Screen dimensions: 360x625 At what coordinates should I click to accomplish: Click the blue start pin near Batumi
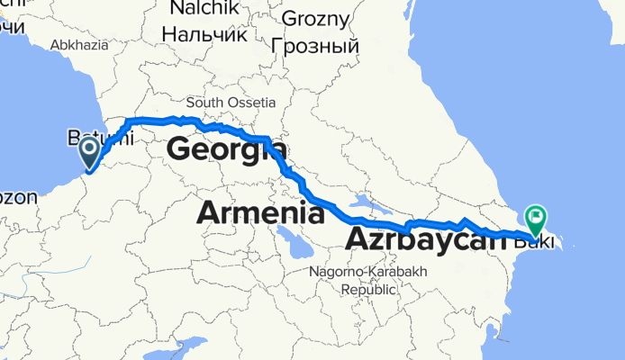pos(91,151)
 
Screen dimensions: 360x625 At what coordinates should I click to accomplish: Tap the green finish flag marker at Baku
pos(537,217)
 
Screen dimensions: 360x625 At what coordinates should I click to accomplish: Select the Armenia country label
pos(260,213)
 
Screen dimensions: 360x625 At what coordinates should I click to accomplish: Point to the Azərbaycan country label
pos(422,240)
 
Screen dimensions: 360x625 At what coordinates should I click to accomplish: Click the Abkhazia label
pos(79,44)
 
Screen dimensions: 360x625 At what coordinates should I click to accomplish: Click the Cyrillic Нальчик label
pos(204,35)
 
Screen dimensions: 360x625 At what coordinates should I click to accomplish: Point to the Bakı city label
pos(540,239)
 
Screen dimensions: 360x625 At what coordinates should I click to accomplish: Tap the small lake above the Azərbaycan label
pos(365,202)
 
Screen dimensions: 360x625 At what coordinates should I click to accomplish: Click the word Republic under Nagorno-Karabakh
pos(368,290)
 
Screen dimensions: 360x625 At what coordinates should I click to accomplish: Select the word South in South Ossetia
pos(203,103)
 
